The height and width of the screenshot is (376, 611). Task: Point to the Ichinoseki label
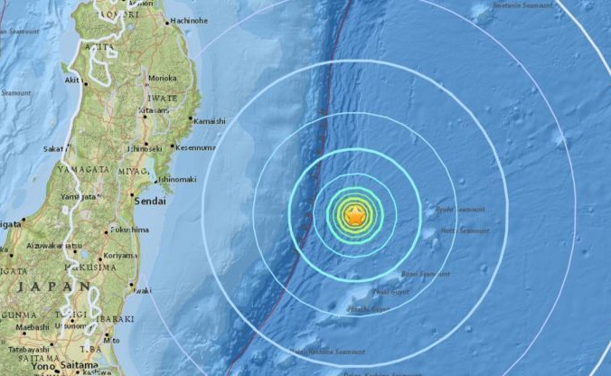(x=145, y=147)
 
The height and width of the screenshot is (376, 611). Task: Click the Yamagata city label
(x=78, y=197)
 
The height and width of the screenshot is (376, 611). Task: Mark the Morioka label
(x=163, y=78)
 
